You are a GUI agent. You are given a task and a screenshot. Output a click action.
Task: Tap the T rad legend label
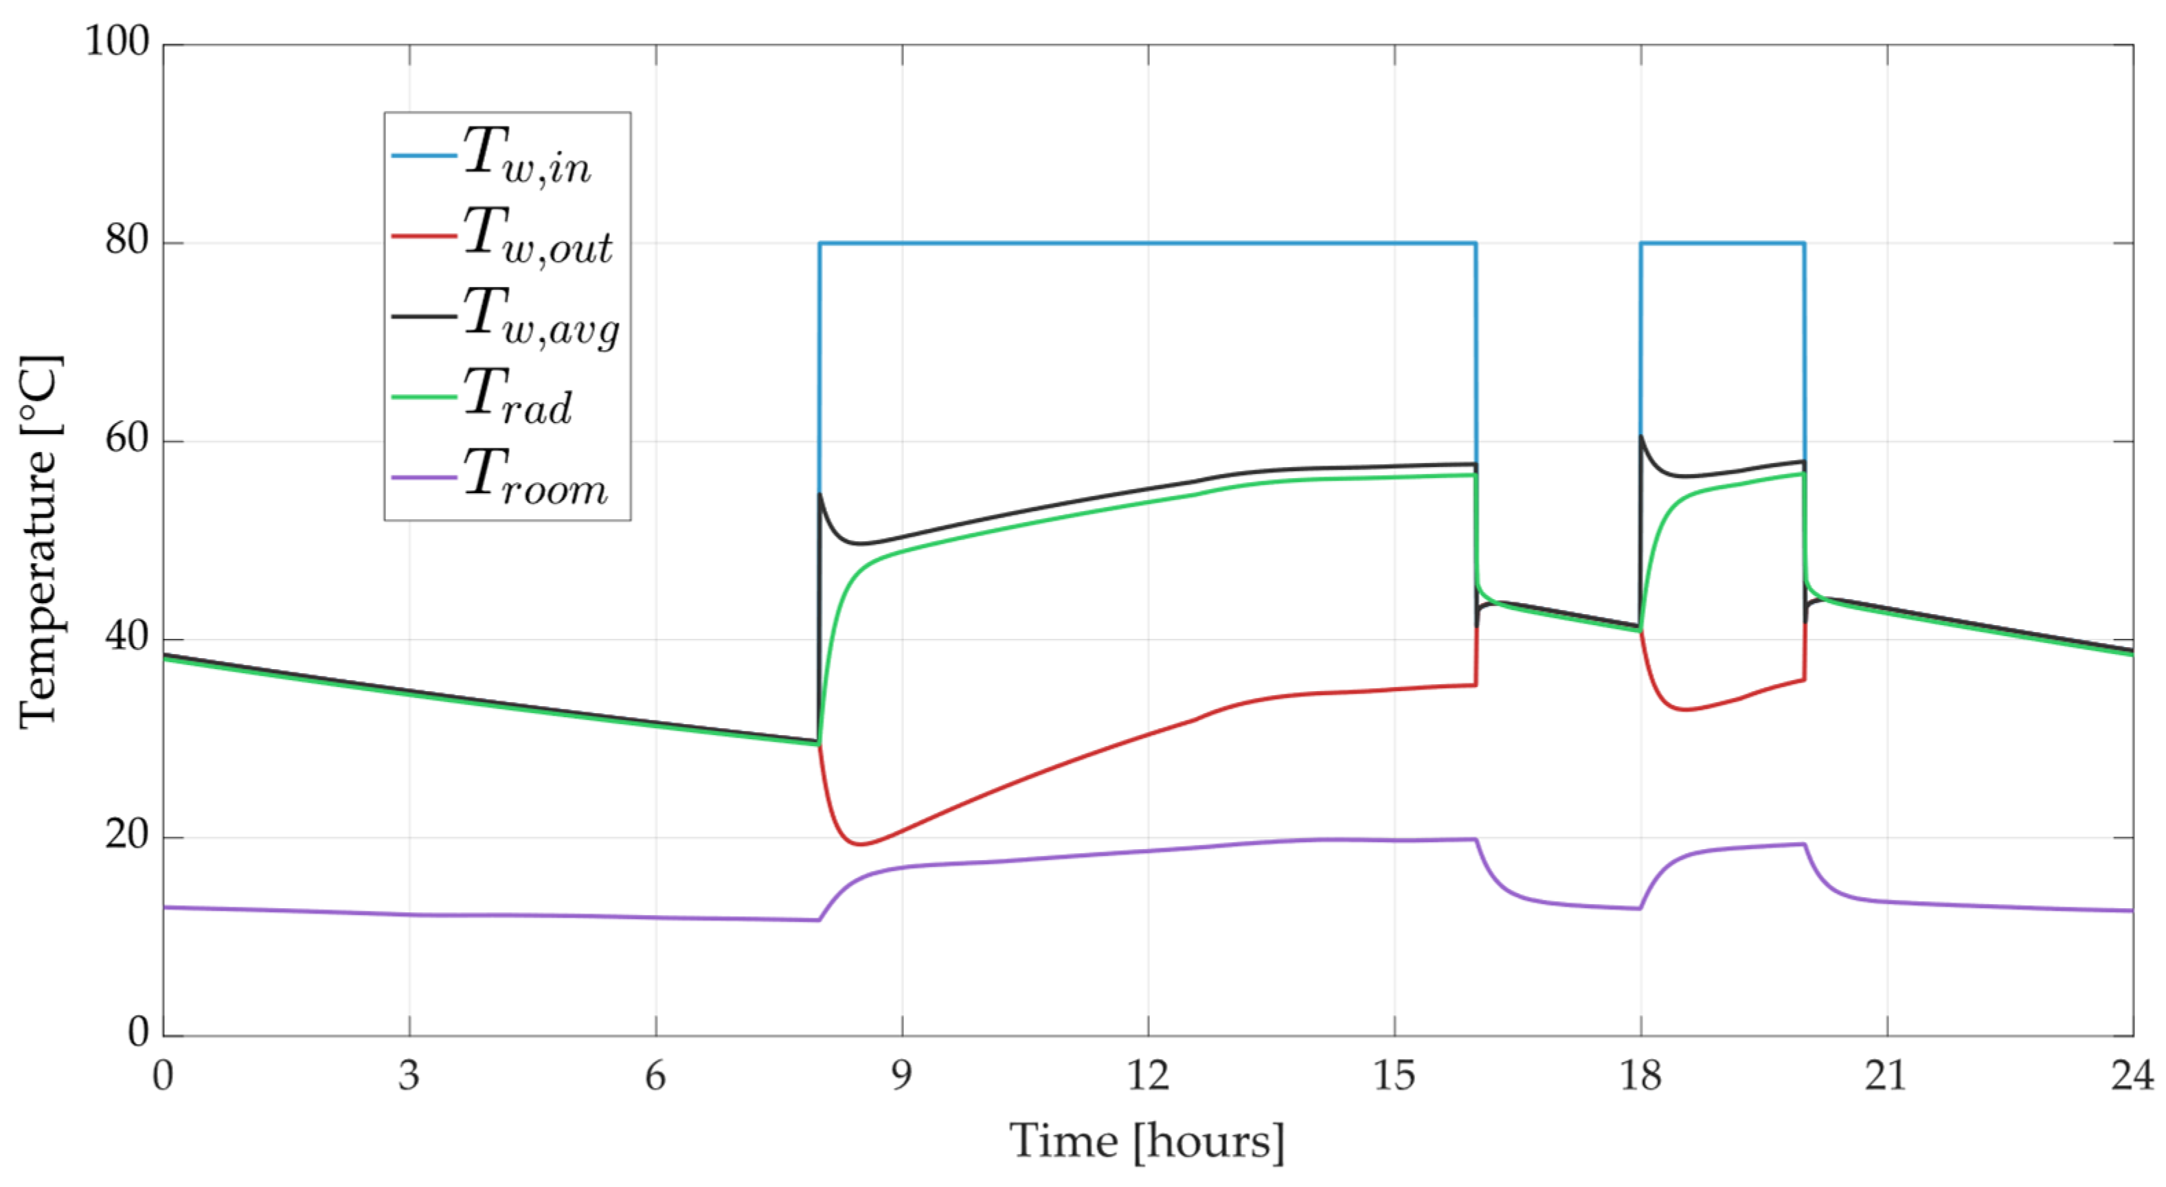[518, 396]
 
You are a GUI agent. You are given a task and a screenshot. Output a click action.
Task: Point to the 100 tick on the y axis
[117, 41]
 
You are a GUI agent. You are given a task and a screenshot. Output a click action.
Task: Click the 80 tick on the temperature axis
[127, 241]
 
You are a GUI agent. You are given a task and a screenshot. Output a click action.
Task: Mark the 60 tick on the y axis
[127, 440]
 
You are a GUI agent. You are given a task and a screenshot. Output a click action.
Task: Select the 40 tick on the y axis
[127, 638]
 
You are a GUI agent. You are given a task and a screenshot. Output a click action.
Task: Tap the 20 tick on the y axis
[127, 837]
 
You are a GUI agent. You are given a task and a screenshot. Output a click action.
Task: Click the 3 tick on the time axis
[409, 1075]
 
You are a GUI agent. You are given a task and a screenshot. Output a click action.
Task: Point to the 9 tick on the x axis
[902, 1075]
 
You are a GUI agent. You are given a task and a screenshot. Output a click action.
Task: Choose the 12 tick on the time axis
[1148, 1075]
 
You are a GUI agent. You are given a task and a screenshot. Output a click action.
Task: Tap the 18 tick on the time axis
[1640, 1075]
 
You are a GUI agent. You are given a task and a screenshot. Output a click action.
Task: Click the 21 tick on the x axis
[1887, 1075]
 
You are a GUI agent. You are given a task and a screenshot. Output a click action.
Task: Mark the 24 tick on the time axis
[2133, 1075]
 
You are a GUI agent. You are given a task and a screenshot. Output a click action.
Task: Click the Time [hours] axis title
[1148, 1142]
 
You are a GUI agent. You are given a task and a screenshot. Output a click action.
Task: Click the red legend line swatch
[424, 236]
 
